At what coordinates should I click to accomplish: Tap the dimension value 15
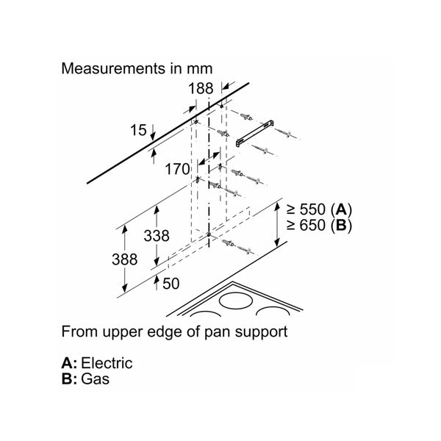coord(138,131)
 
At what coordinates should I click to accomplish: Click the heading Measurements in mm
coord(137,69)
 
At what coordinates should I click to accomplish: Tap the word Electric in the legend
coord(107,363)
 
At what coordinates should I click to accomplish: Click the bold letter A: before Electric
coord(69,363)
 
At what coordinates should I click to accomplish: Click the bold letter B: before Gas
coord(69,380)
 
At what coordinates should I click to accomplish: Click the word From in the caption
coord(78,331)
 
